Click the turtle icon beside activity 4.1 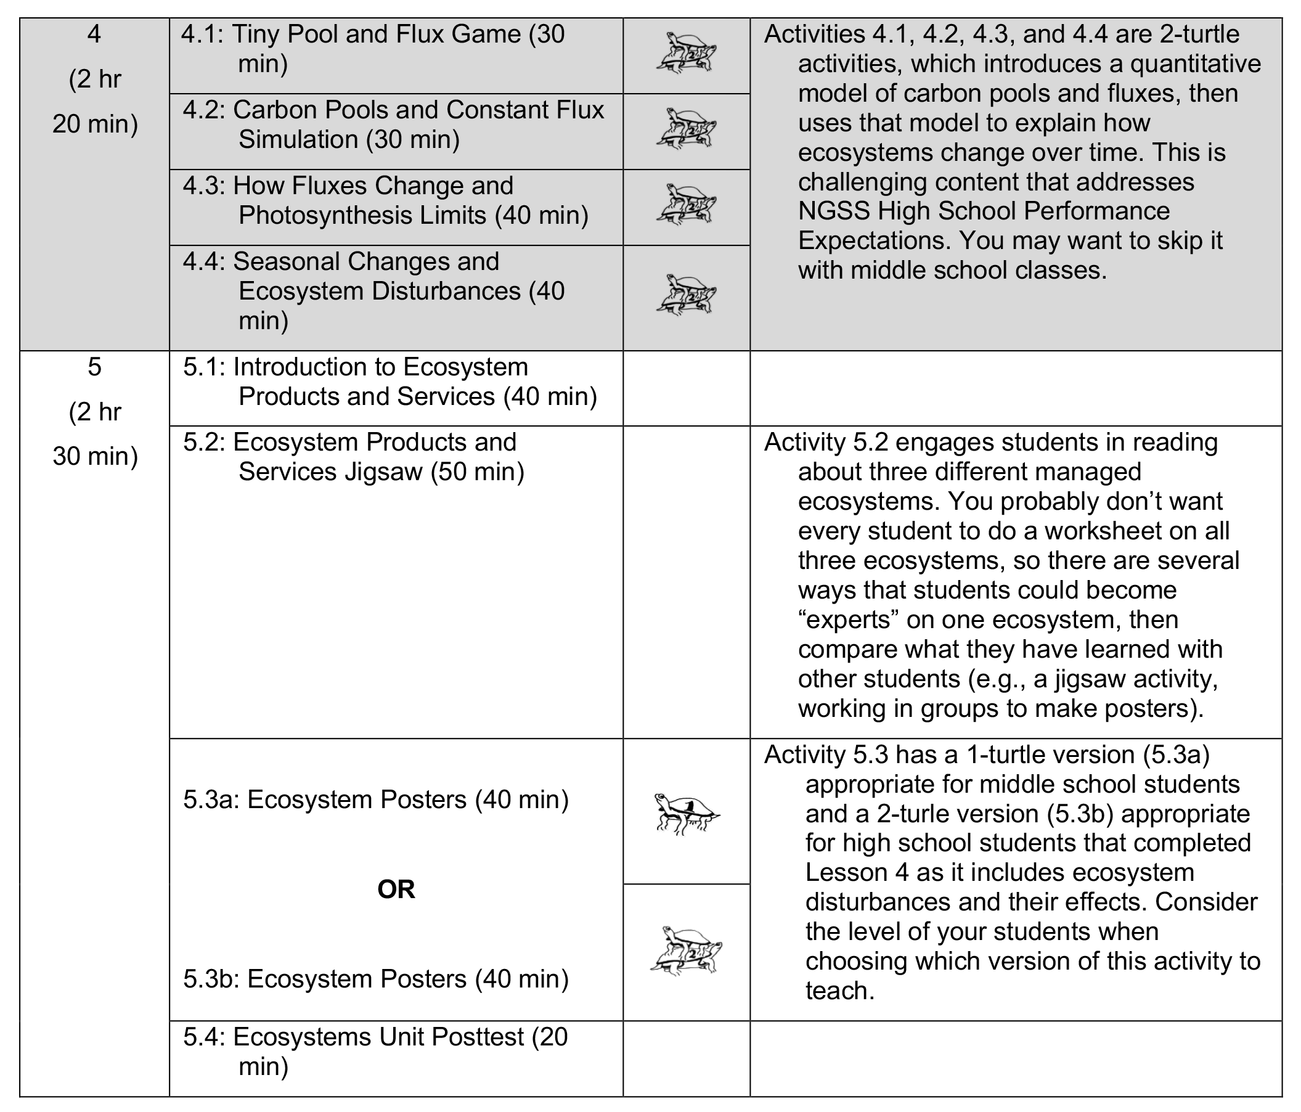687,54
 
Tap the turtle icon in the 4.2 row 687,129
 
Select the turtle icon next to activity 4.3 687,204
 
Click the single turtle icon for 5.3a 687,813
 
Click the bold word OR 396,889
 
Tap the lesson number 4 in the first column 94,34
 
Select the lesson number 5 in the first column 94,367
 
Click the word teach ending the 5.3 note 839,991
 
